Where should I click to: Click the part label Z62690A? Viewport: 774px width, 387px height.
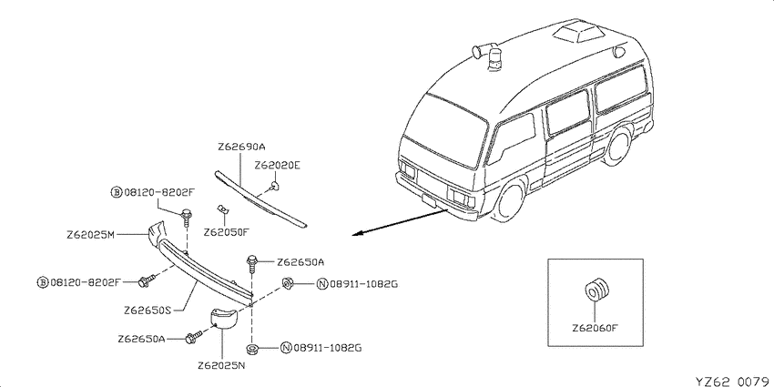241,148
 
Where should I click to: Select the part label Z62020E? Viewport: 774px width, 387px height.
277,166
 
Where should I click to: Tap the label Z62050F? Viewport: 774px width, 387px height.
226,231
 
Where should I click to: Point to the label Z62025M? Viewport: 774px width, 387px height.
91,236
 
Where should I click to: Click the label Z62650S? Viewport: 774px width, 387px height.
148,311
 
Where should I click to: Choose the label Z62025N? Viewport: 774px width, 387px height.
221,366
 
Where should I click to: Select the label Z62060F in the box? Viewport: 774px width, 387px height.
596,328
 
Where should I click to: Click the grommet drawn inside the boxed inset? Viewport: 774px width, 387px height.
596,290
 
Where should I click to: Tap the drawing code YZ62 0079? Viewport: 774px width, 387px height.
734,381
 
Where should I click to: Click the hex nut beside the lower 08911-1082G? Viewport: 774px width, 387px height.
251,349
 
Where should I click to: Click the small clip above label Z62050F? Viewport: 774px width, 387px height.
222,209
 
